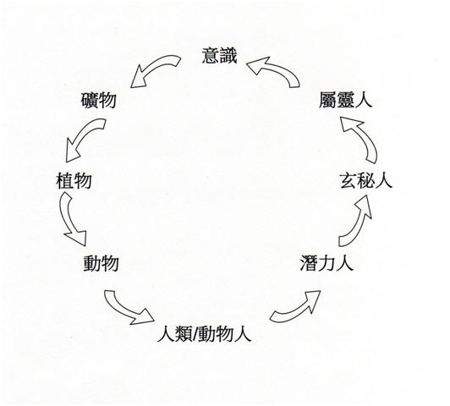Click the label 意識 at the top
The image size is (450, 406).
[220, 56]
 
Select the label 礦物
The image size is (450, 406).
[98, 100]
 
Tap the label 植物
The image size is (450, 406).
[74, 181]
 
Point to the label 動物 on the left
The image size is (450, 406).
[101, 263]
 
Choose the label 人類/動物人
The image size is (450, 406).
[205, 334]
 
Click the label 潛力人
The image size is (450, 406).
[327, 263]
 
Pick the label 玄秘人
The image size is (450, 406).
[366, 180]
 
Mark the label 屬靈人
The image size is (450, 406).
[345, 100]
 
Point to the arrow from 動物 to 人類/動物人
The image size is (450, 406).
[125, 309]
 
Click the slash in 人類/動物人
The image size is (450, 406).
[195, 334]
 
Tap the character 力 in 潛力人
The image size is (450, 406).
[327, 263]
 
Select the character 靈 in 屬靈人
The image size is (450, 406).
[345, 100]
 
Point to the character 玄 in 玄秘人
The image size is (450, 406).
[348, 181]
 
